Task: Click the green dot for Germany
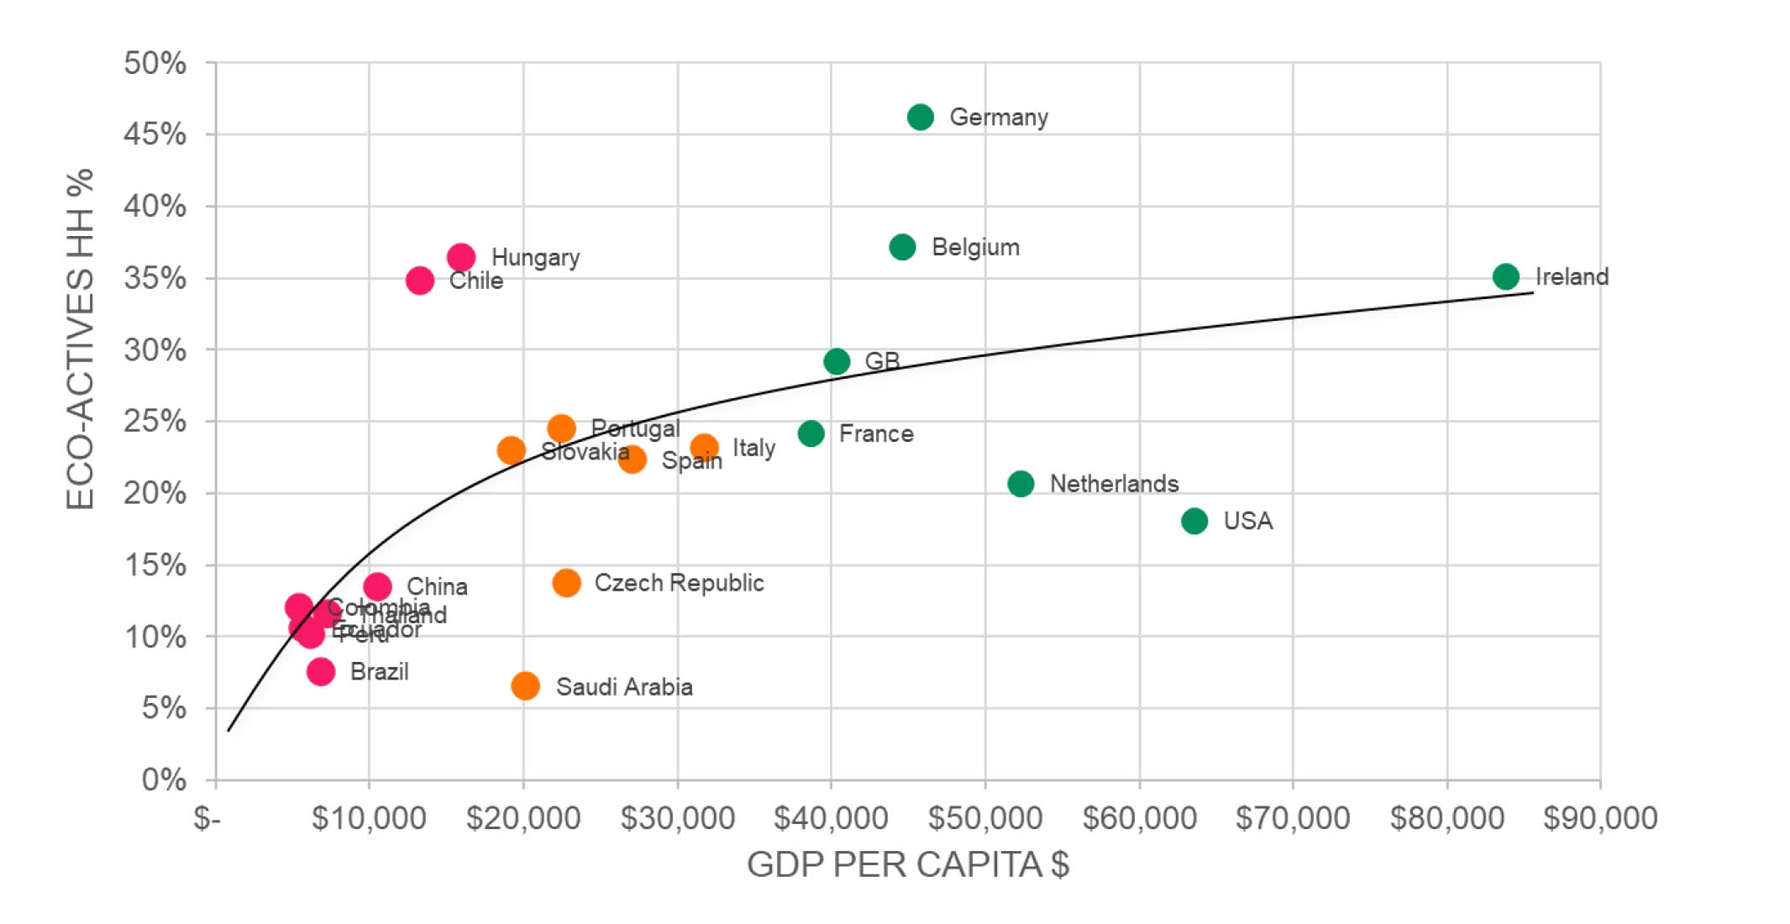click(x=920, y=117)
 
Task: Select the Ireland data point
click(x=1505, y=276)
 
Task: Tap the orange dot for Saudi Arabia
click(x=525, y=685)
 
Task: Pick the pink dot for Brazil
click(x=321, y=671)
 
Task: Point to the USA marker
click(x=1194, y=521)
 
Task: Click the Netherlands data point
click(x=1021, y=484)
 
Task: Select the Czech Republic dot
click(x=566, y=583)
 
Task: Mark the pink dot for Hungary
click(x=461, y=256)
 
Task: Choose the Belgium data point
click(x=902, y=247)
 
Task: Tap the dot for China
click(x=377, y=585)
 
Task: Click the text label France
click(x=876, y=433)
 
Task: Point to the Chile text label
click(x=476, y=281)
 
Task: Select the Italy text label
click(x=753, y=448)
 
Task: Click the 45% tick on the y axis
click(x=155, y=134)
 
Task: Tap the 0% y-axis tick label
click(x=164, y=780)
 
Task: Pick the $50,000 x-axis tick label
click(x=984, y=817)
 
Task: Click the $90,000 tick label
click(x=1600, y=817)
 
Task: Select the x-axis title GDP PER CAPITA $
click(x=907, y=864)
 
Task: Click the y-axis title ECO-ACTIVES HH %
click(x=81, y=339)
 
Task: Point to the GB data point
click(x=837, y=361)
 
